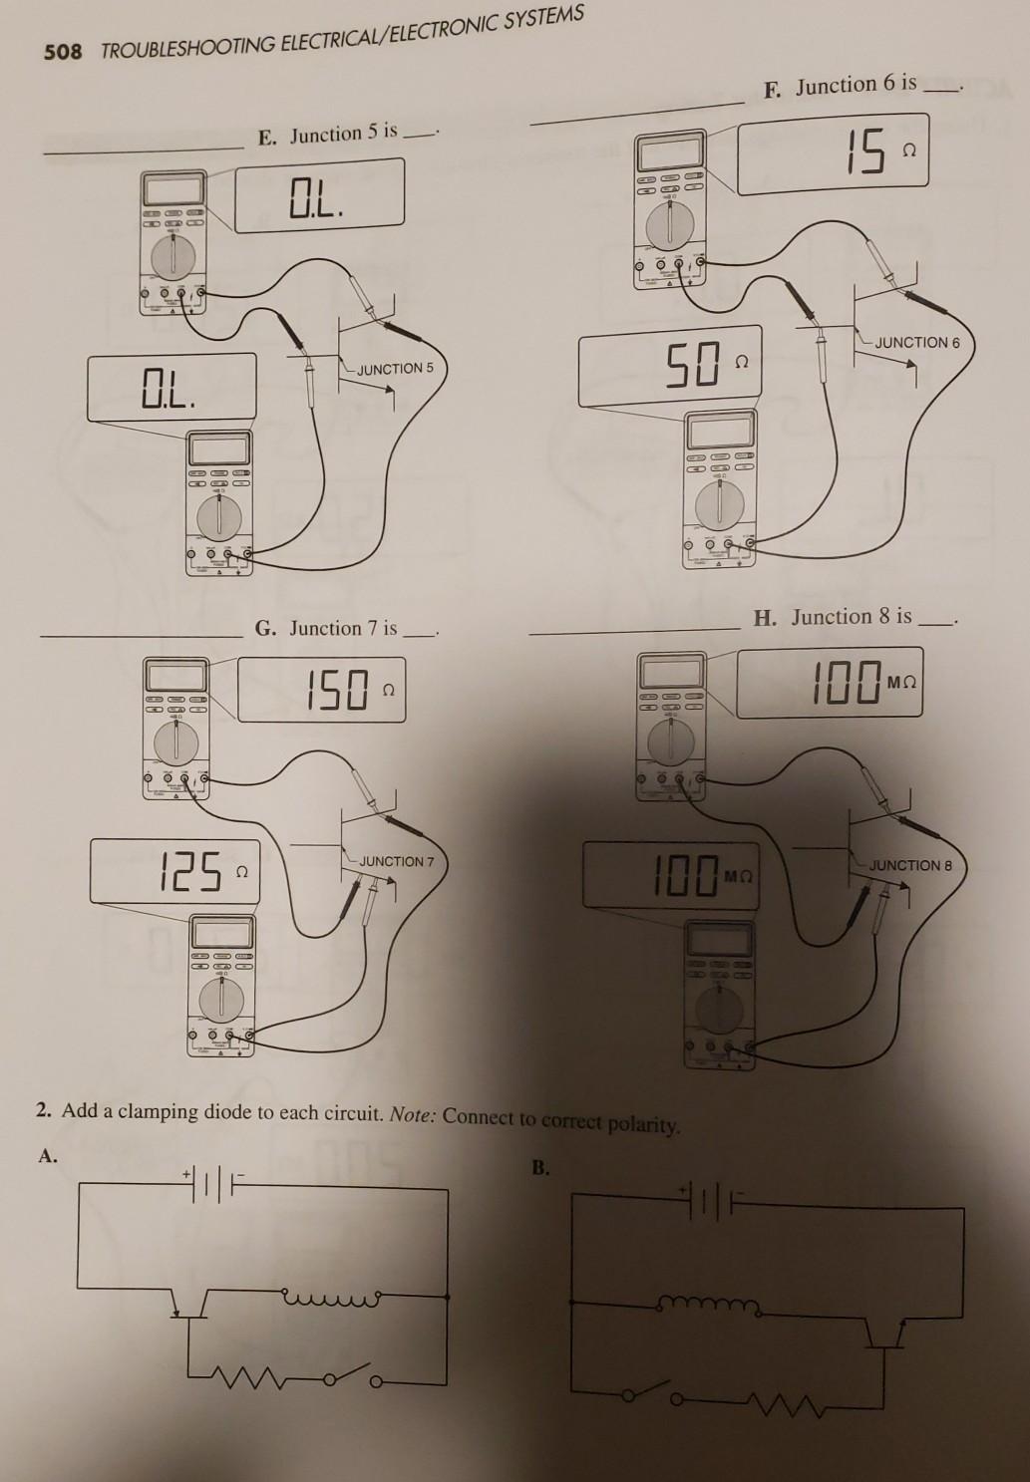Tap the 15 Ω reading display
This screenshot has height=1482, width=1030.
click(833, 155)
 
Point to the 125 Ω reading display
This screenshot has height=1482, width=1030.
click(173, 871)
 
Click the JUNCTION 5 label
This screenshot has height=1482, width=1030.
click(395, 369)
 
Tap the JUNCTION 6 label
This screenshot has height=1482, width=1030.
click(917, 342)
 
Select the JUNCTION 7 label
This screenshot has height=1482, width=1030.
click(396, 861)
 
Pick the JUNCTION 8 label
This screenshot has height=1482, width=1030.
click(910, 865)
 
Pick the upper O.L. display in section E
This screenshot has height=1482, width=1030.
click(319, 194)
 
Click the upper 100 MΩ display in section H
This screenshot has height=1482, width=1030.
click(830, 682)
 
